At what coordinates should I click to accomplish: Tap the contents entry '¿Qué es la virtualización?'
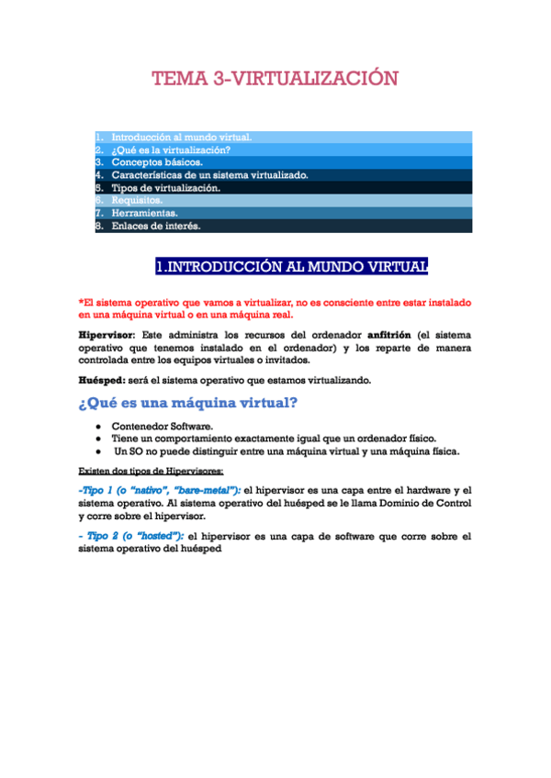pyautogui.click(x=171, y=150)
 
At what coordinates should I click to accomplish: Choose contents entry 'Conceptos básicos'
pyautogui.click(x=157, y=162)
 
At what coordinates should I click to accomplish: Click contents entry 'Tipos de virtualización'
pyautogui.click(x=166, y=187)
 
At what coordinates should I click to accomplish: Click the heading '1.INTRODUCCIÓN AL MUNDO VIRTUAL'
pyautogui.click(x=291, y=267)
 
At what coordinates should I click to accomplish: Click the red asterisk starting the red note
pyautogui.click(x=82, y=301)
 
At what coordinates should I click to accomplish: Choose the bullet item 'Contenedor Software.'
pyautogui.click(x=163, y=427)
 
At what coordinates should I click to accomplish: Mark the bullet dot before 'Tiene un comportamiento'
pyautogui.click(x=96, y=439)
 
